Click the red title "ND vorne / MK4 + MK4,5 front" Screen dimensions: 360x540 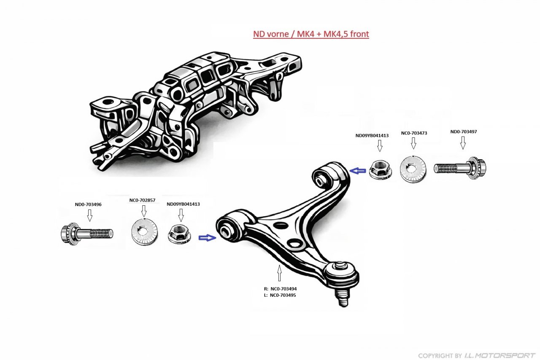coord(311,34)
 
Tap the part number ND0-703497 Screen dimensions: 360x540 coord(464,132)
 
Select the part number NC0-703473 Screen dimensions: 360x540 coord(414,133)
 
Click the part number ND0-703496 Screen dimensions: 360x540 coord(88,204)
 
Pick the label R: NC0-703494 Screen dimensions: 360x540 coord(280,289)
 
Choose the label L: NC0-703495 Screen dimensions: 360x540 coord(280,296)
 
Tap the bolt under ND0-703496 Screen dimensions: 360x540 coord(87,233)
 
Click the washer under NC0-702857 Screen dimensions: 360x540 coord(145,232)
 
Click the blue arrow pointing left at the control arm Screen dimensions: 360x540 coord(359,170)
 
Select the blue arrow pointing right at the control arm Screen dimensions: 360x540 coord(207,238)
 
